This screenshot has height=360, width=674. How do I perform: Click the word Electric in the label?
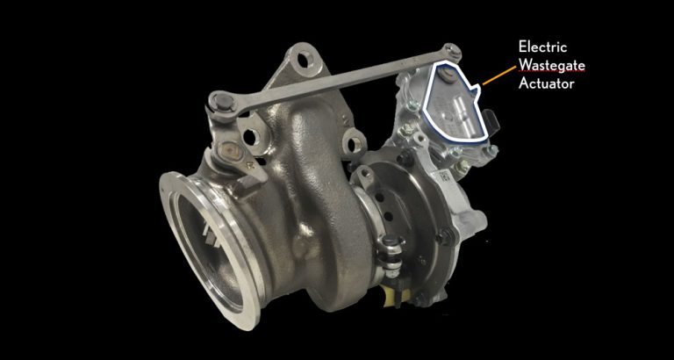pyautogui.click(x=542, y=46)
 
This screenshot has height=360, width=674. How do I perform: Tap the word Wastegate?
pyautogui.click(x=552, y=65)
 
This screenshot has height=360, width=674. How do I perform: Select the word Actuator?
pyautogui.click(x=547, y=83)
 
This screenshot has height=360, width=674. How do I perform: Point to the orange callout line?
pyautogui.click(x=499, y=76)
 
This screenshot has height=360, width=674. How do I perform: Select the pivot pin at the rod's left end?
pyautogui.click(x=224, y=101)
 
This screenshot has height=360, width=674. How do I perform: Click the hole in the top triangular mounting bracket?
pyautogui.click(x=306, y=59)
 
